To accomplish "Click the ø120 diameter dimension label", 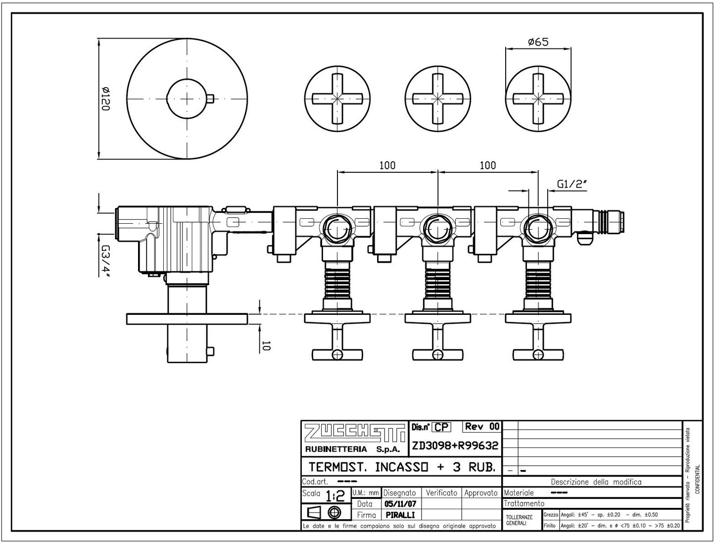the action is click(x=105, y=99).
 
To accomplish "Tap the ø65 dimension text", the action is click(x=538, y=42).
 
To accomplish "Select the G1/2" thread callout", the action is click(x=572, y=184).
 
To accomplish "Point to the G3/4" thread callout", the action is click(x=105, y=261).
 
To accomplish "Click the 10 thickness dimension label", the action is click(x=266, y=346).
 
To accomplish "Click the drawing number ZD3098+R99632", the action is click(x=455, y=445).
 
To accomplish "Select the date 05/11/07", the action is click(x=400, y=504).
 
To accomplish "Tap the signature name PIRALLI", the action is click(x=400, y=515).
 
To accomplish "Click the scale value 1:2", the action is click(x=335, y=496).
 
